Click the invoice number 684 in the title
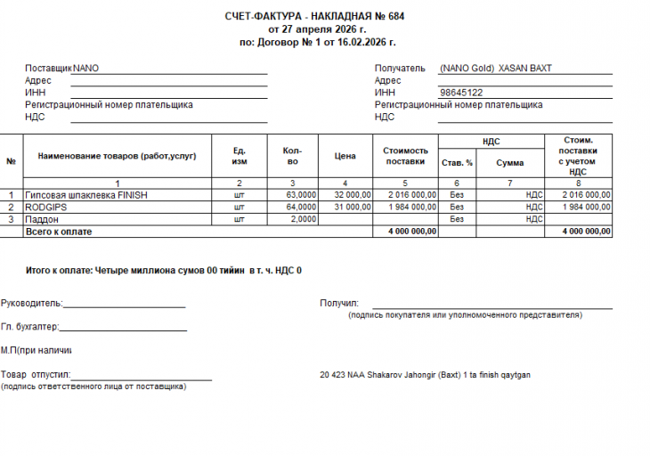(x=396, y=17)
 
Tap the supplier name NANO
(x=86, y=68)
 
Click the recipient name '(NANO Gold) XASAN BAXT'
(x=495, y=68)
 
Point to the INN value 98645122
(x=461, y=93)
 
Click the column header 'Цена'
(x=345, y=156)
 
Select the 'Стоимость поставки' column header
(x=406, y=156)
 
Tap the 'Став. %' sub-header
(x=457, y=163)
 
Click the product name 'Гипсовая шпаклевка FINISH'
(x=85, y=194)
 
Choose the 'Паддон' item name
(x=42, y=219)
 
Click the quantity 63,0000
(x=301, y=194)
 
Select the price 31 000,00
(x=353, y=207)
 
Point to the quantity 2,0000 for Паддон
(x=304, y=219)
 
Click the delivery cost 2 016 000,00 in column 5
(x=412, y=194)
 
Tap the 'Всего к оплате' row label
(x=59, y=232)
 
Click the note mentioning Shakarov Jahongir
(x=425, y=375)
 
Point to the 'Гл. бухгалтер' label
(x=30, y=327)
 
